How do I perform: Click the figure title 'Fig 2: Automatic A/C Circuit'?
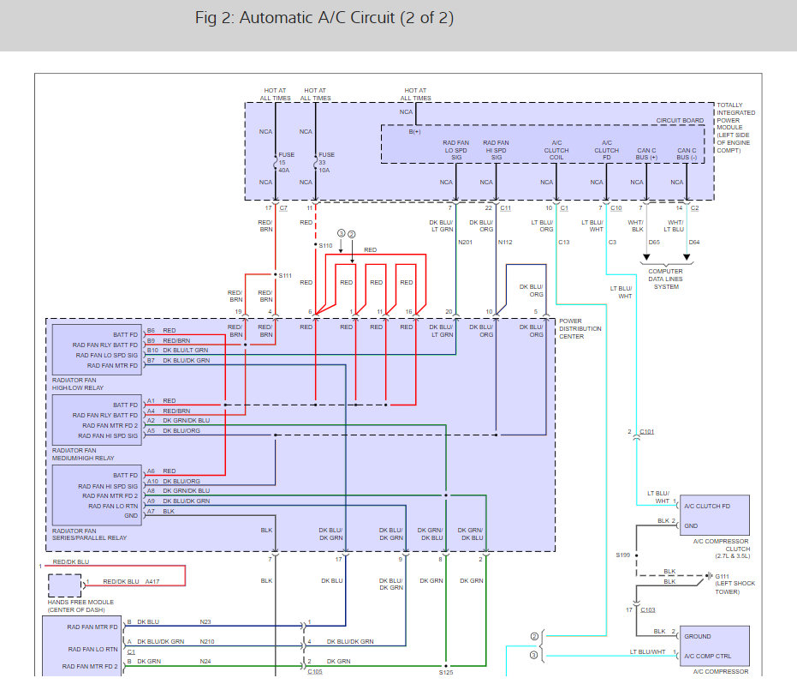click(x=294, y=18)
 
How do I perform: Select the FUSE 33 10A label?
click(x=326, y=162)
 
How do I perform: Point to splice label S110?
click(x=325, y=246)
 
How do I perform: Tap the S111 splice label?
click(x=285, y=276)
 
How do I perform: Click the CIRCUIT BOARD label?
click(x=680, y=121)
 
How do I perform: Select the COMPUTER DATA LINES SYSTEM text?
click(x=666, y=279)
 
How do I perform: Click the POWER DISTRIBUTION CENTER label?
click(x=580, y=329)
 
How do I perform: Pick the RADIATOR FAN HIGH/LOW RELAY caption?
click(x=78, y=384)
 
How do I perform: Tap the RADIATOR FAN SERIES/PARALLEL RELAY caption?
click(x=89, y=534)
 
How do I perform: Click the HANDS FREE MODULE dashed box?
click(x=64, y=585)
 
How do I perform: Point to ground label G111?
click(x=723, y=577)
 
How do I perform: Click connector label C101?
click(x=646, y=431)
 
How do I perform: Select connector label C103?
click(x=647, y=609)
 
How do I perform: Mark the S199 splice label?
click(x=622, y=555)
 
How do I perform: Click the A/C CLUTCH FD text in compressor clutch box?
click(x=707, y=507)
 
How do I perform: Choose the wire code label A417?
click(x=152, y=582)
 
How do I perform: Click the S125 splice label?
click(x=446, y=673)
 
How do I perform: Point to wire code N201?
click(x=465, y=243)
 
